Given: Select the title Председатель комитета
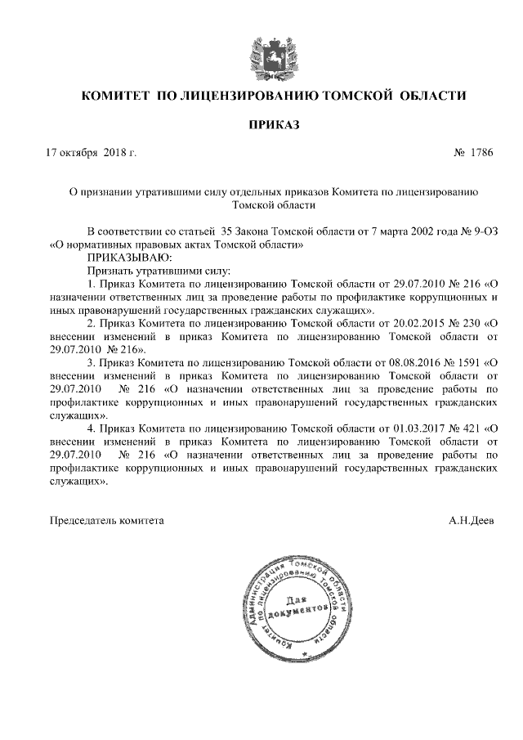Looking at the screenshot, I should tap(107, 519).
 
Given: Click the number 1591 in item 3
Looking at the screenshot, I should tap(468, 359).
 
